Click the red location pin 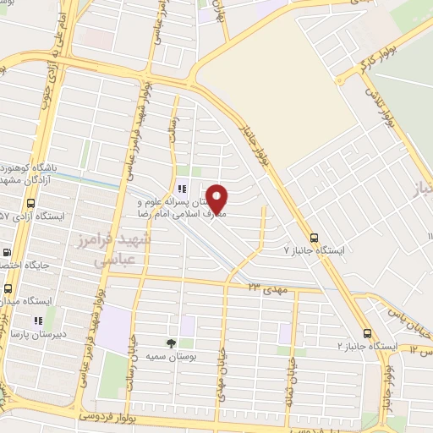point(217,198)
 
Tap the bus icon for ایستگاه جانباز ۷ point(315,238)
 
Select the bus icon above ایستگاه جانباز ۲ point(368,332)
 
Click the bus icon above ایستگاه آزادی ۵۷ point(31,204)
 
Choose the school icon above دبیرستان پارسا point(37,321)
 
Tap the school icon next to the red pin point(180,189)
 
